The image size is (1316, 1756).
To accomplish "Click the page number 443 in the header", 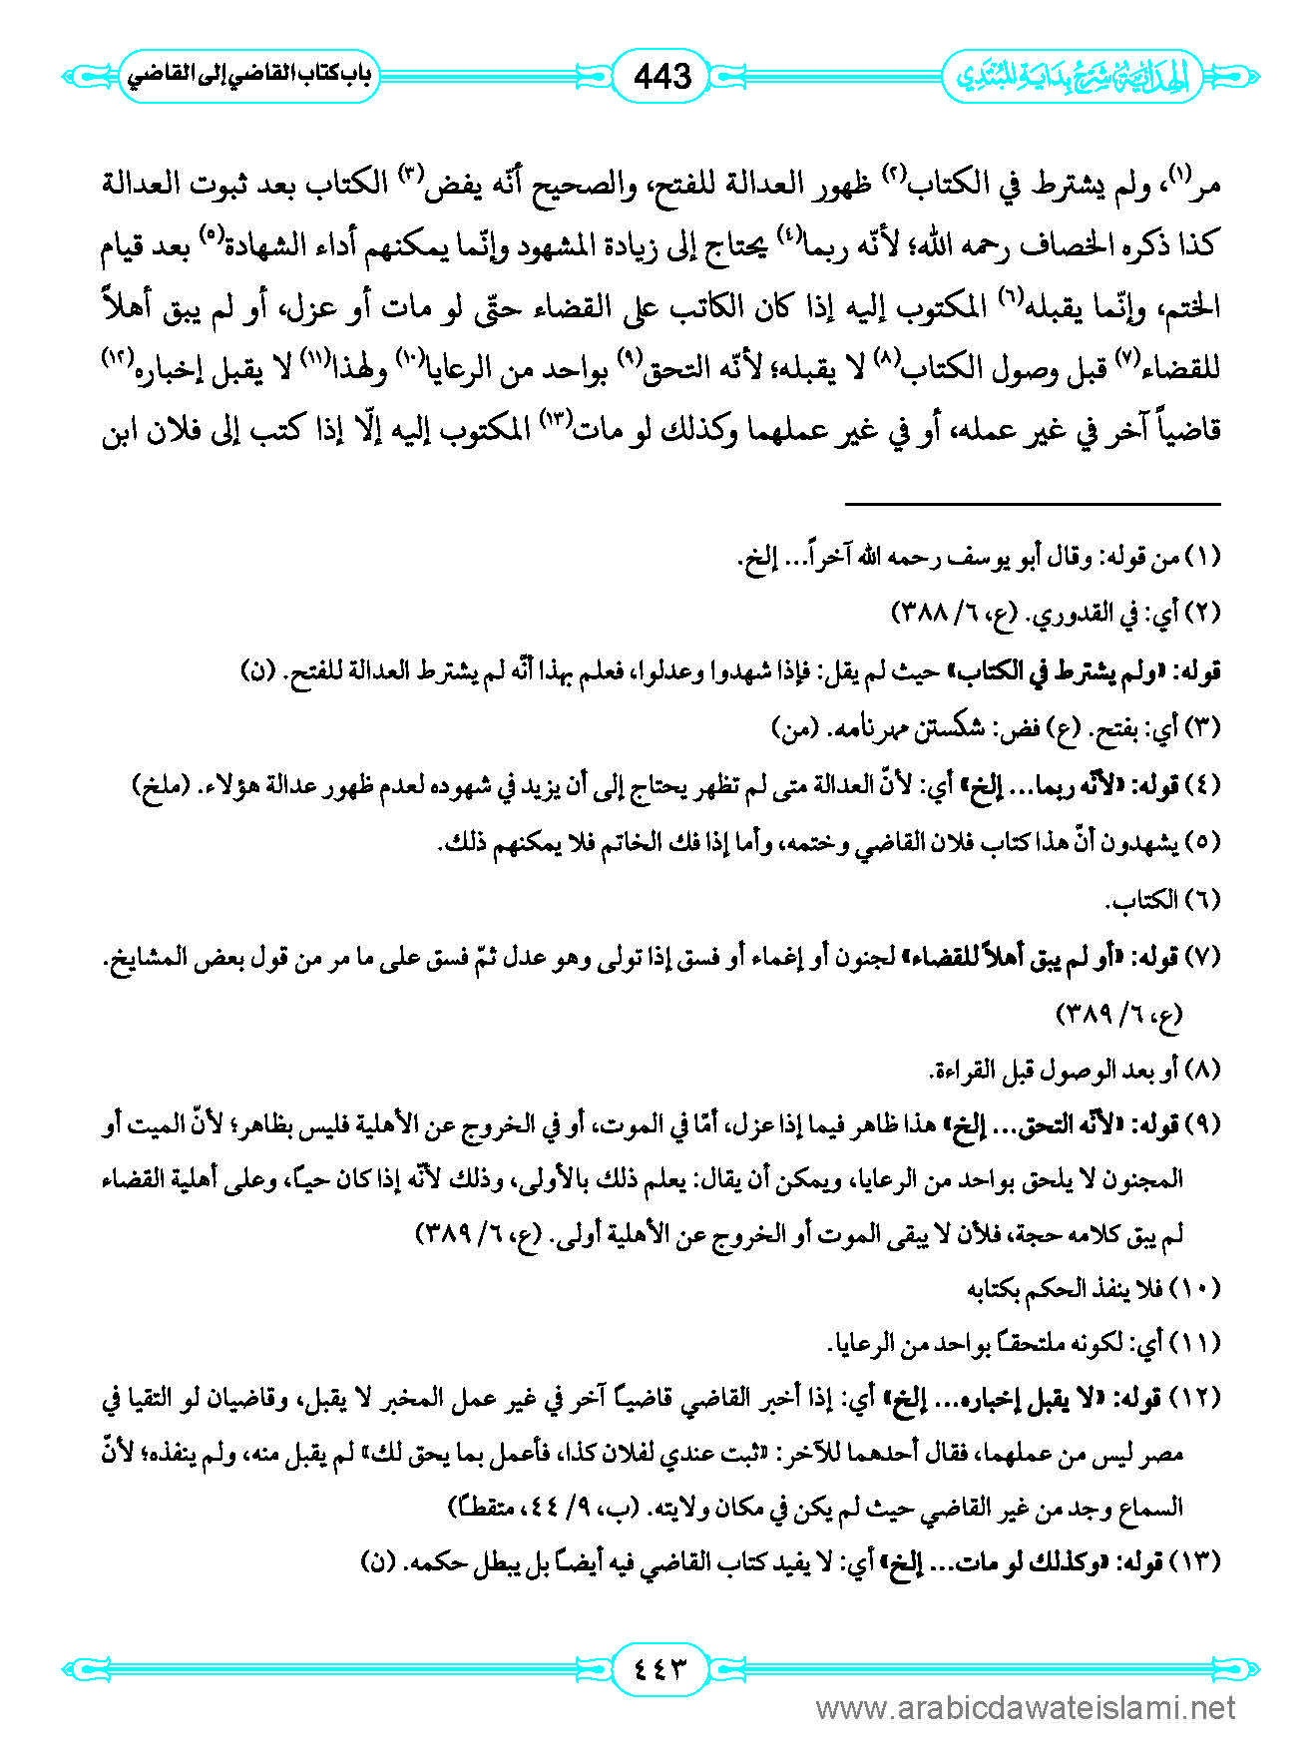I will coord(661,76).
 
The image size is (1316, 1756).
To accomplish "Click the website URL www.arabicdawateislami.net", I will coord(1026,1709).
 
